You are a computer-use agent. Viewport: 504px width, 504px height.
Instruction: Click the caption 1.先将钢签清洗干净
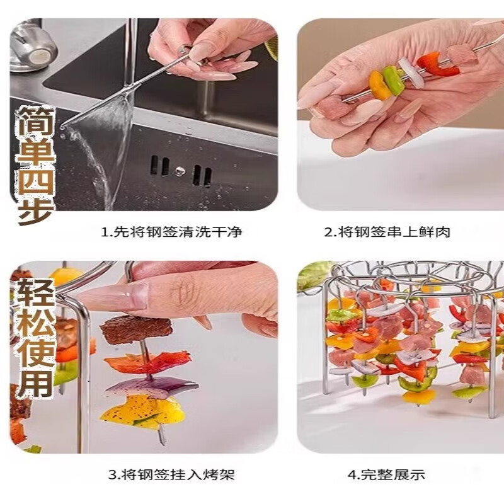pos(171,232)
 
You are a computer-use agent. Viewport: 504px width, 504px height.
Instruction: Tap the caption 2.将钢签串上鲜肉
pos(387,232)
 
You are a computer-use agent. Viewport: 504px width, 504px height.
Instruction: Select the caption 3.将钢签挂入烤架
pos(171,474)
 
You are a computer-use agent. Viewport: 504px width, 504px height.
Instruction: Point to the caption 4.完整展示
pos(386,474)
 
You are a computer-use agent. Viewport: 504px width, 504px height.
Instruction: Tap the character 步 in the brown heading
pos(36,209)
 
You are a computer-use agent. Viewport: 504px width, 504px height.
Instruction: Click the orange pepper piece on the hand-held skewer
pos(380,84)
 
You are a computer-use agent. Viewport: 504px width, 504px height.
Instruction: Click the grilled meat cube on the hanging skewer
pos(136,329)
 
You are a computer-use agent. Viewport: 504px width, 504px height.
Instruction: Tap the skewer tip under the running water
pos(62,127)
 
